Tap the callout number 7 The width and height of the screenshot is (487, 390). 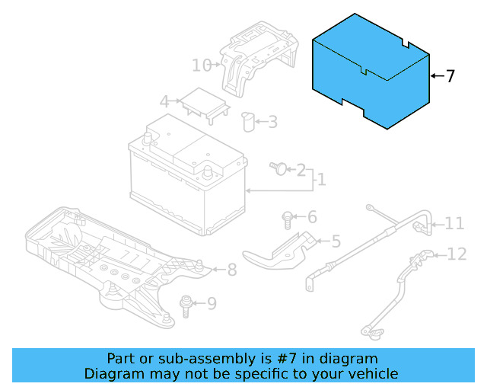[450, 76]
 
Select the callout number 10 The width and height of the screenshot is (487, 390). [201, 66]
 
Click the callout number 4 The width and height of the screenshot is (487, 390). [164, 101]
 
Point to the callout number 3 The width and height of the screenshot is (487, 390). [272, 122]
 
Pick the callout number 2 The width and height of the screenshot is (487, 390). [301, 169]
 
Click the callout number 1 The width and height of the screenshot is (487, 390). [321, 180]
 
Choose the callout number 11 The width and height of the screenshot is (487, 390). [454, 223]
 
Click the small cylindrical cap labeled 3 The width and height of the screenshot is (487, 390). [247, 122]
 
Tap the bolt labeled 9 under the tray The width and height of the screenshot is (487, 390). [184, 305]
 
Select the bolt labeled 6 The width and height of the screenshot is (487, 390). [287, 219]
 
